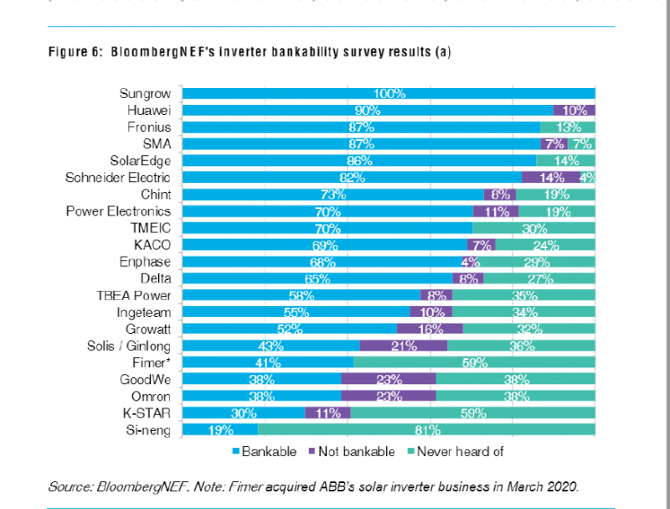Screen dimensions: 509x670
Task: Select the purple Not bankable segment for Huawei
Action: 574,111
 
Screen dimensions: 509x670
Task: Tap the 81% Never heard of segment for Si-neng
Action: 426,430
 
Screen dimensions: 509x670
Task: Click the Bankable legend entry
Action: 263,452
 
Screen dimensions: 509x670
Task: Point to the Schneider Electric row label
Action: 118,178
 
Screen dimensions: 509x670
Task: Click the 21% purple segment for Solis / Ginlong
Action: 404,346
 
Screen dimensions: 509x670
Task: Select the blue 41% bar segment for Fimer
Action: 267,363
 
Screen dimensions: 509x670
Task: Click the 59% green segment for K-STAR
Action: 472,413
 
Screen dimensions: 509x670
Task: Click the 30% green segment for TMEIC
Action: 533,228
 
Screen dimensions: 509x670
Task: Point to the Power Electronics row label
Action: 118,211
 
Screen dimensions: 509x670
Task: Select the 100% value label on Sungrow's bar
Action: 389,94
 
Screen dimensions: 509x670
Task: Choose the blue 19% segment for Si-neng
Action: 220,430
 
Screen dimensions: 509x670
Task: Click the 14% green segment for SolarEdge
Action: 565,161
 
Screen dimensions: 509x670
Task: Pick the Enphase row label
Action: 146,262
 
